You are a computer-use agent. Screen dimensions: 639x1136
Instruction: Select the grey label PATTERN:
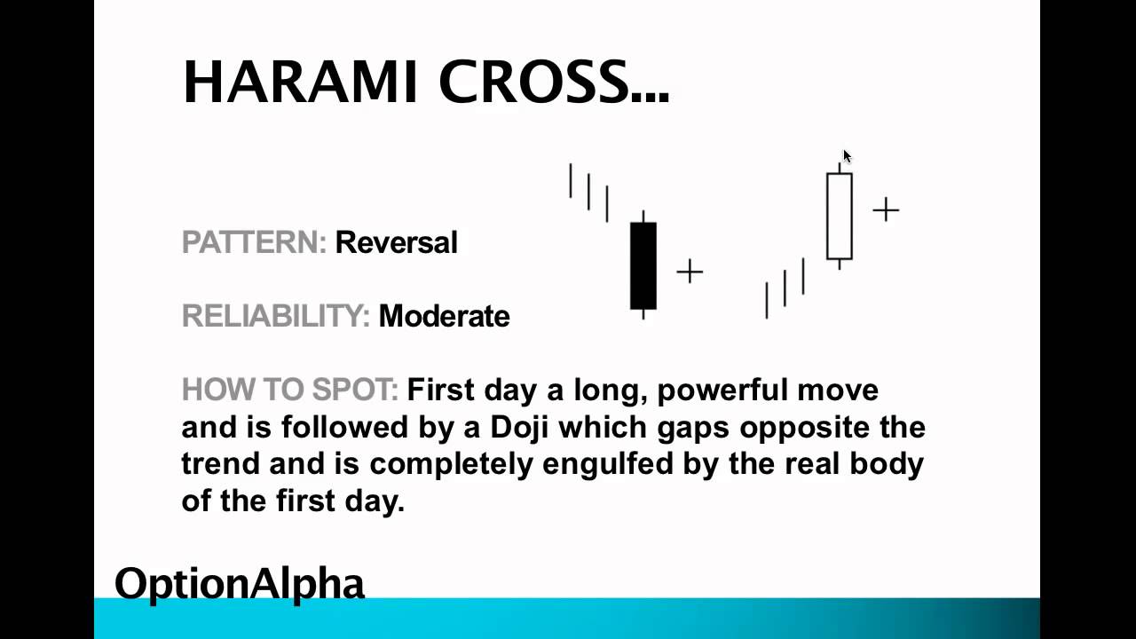pos(254,242)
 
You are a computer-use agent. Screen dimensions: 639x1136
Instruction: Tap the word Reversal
pos(396,242)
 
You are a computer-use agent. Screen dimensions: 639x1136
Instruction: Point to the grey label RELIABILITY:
pos(275,316)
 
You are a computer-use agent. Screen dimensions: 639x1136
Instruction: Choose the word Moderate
pos(444,316)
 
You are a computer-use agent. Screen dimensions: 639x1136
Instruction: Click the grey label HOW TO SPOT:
pos(289,390)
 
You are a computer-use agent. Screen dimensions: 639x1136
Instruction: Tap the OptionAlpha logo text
pos(240,584)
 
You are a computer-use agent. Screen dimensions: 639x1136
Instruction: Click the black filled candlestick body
pos(643,265)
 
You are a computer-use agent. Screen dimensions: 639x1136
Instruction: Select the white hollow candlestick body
pos(840,216)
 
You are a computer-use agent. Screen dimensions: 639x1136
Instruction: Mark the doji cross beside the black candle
pos(690,272)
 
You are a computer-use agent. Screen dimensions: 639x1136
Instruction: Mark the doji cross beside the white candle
pos(886,209)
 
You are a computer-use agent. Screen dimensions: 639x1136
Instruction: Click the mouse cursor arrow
pos(847,156)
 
